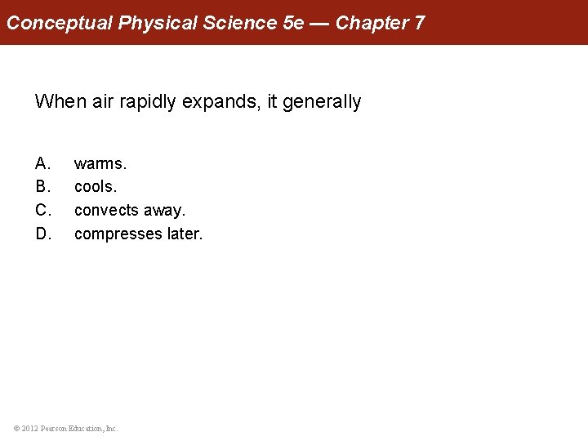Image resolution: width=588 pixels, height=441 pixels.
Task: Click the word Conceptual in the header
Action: [60, 23]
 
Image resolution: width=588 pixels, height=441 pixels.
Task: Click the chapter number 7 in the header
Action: [420, 23]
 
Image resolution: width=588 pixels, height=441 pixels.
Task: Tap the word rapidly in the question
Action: [144, 102]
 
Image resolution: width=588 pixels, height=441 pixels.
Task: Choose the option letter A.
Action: [42, 164]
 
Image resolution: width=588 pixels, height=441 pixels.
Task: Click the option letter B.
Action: [42, 187]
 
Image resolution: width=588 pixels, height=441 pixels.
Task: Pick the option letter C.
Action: [42, 211]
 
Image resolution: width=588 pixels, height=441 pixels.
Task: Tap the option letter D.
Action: [42, 234]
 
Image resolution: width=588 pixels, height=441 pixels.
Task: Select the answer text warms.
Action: [100, 164]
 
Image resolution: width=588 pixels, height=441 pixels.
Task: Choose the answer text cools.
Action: [96, 187]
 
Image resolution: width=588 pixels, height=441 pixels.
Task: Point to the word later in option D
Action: [184, 234]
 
